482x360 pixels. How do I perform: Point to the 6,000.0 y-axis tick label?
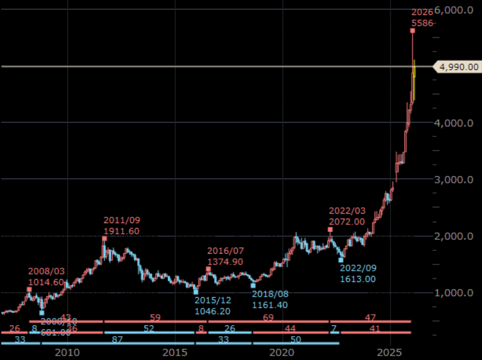click(454, 10)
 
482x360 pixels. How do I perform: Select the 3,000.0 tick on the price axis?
click(454, 179)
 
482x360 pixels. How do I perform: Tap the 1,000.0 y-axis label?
click(454, 292)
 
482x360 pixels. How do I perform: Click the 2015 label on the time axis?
click(175, 352)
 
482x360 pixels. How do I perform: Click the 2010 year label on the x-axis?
click(67, 352)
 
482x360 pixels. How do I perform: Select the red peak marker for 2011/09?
click(104, 239)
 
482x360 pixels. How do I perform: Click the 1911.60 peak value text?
click(122, 231)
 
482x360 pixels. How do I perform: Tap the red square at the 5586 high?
click(412, 30)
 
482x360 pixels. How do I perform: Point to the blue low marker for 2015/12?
click(196, 292)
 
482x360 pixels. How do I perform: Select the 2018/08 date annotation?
click(270, 294)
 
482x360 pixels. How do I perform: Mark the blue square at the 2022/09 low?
click(341, 259)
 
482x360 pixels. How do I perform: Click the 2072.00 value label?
click(346, 222)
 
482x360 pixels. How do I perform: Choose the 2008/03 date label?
click(46, 271)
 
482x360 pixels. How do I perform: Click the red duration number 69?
click(268, 318)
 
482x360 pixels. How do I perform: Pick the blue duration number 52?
click(149, 329)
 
